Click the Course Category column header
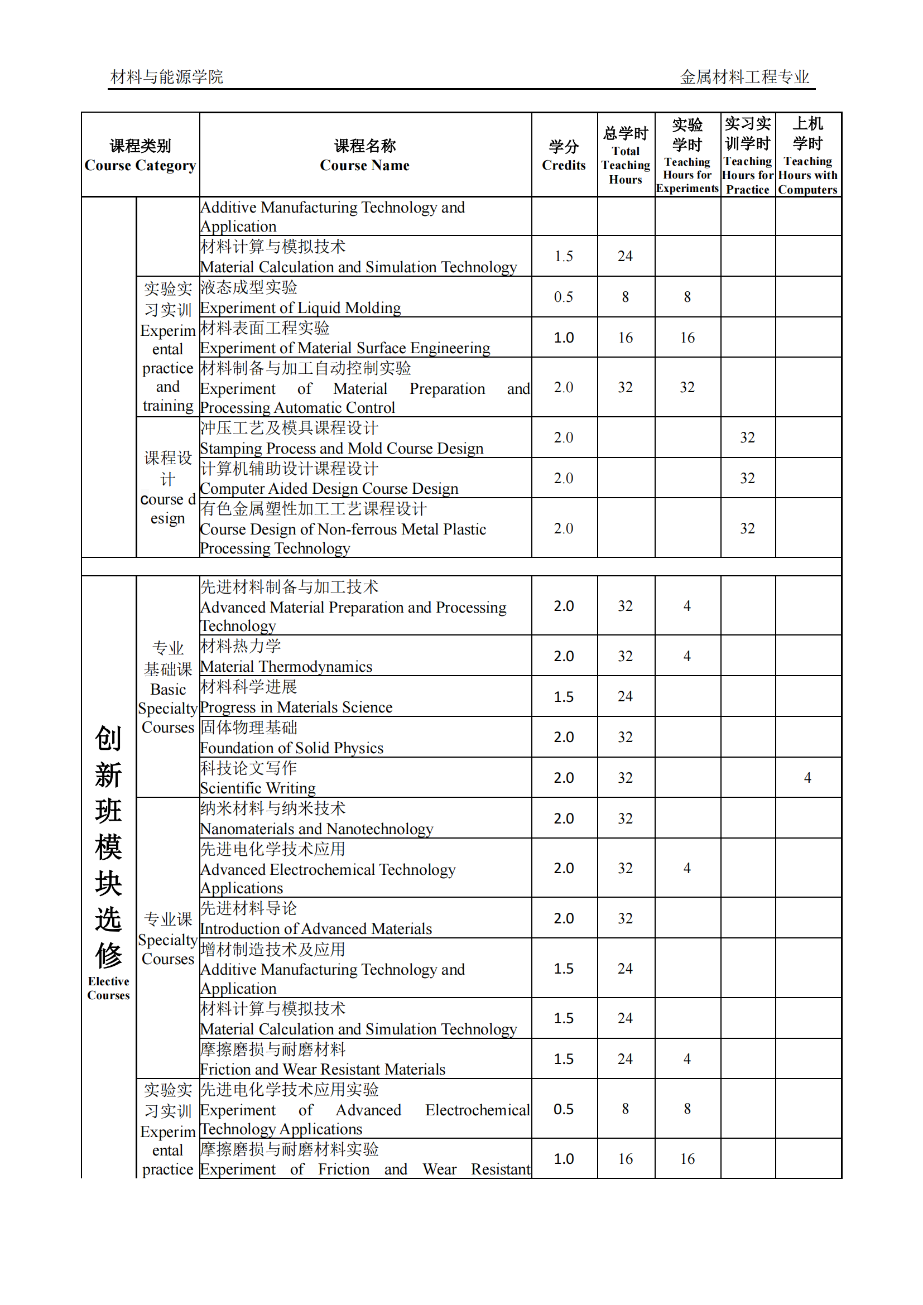pos(140,155)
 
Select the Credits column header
pos(563,155)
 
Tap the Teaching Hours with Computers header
pos(807,155)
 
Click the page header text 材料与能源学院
pos(166,77)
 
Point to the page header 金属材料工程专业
pos(744,77)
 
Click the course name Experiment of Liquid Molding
pos(300,307)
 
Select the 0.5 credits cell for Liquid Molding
pos(563,297)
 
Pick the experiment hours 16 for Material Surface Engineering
pos(687,338)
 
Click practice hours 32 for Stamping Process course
pos(747,437)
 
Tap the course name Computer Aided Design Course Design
pos(329,489)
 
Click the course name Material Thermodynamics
pos(286,667)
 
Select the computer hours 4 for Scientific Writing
pos(807,778)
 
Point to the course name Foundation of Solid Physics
pos(291,748)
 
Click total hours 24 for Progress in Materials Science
pos(625,697)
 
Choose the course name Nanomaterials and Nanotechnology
pos(316,829)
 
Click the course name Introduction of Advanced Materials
pos(316,930)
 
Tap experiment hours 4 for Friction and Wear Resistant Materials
pos(687,1060)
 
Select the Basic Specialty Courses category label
pos(167,688)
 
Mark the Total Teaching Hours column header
pos(625,155)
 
